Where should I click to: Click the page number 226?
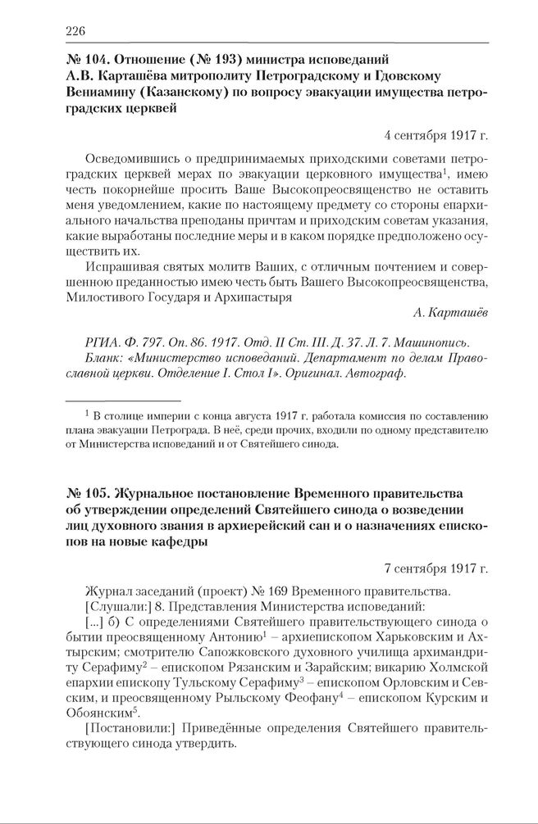pos(75,31)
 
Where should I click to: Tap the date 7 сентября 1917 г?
pos(436,567)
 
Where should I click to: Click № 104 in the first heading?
pos(85,59)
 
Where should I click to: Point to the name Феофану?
pos(310,697)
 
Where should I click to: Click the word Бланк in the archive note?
pos(103,358)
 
